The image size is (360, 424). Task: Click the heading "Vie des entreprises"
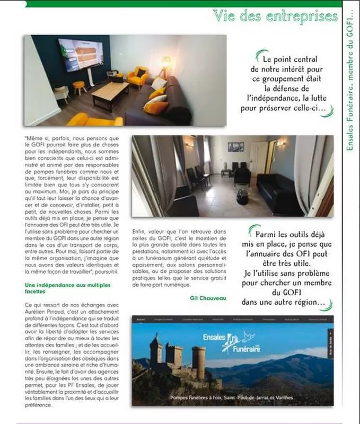[275, 16]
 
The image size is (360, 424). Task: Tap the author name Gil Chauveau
[208, 298]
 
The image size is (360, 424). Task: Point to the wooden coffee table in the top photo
[110, 93]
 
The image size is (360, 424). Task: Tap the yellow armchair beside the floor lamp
[137, 77]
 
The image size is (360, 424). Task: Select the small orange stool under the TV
[79, 86]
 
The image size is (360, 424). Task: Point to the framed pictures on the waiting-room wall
[235, 146]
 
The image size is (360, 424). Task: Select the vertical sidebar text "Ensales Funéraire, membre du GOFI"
[351, 79]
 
